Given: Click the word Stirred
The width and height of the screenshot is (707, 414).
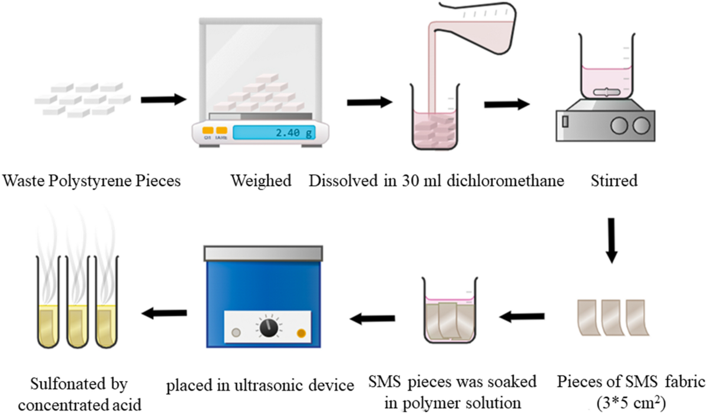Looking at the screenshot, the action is pos(612,181).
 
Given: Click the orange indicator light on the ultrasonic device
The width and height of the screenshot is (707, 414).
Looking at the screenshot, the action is pos(301,333).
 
